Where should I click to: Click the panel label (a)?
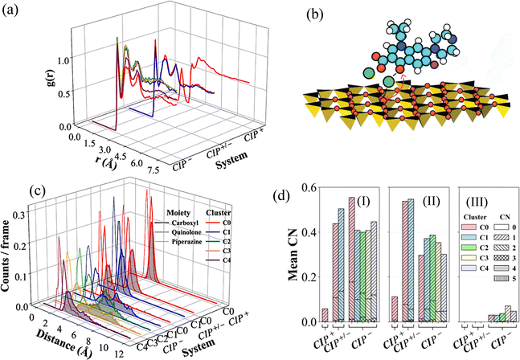pyautogui.click(x=13, y=11)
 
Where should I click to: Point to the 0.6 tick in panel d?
pyautogui.click(x=305, y=188)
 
